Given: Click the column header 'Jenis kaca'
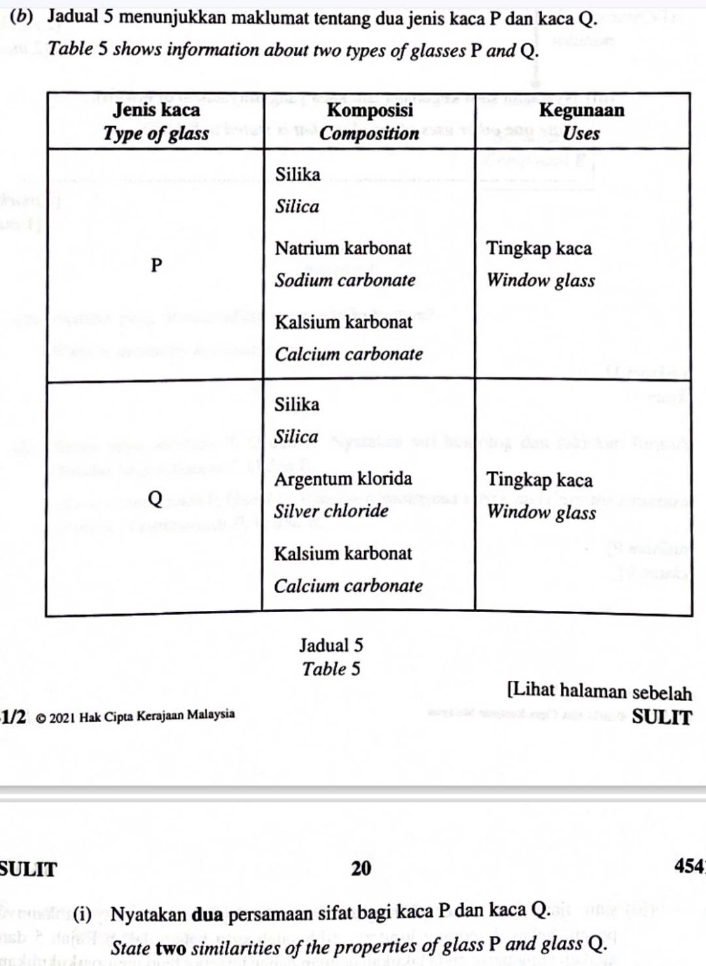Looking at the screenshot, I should pos(156,110).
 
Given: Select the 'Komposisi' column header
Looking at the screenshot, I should pos(370,110).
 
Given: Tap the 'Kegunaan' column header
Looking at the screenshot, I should pos(581,110).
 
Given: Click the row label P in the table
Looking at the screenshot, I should pos(156,265).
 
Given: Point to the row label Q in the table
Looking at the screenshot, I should pos(155,498).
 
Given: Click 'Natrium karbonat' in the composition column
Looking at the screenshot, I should pos(343,249).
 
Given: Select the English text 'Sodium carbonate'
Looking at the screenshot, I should pos(345,281).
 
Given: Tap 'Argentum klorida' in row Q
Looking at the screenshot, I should pos(343,479).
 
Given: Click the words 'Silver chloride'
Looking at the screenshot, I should pos(331,511).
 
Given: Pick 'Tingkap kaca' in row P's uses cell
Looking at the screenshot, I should pos(539,249).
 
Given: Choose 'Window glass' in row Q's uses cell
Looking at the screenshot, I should pos(541,511).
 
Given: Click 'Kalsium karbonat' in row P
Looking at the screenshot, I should pos(343,322).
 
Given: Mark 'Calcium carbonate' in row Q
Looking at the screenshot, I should pos(348,585).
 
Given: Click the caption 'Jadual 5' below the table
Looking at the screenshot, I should pos(331,646).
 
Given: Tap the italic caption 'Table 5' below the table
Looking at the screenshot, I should pos(331,669).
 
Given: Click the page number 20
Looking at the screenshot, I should pos(361,868).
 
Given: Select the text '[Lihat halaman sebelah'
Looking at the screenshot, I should pos(599,691).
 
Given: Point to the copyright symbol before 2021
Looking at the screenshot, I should pos(41,717).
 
